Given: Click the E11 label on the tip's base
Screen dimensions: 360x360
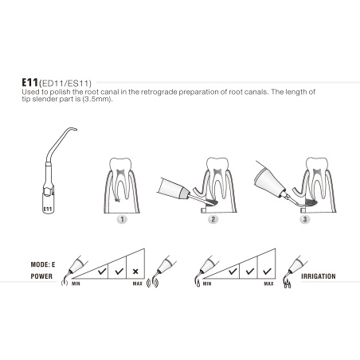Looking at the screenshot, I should click(x=49, y=209).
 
